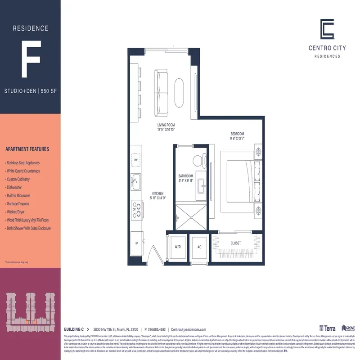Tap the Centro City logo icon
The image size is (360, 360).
tap(327, 29)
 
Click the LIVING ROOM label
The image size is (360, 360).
tap(166, 125)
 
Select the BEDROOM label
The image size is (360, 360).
tap(237, 134)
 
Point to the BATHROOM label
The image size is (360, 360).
tap(185, 176)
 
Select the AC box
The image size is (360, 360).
tap(199, 247)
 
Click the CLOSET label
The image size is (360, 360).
tap(235, 243)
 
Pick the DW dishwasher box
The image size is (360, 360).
tap(135, 160)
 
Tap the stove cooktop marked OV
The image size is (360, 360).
tap(136, 209)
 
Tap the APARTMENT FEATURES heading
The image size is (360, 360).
tap(27, 149)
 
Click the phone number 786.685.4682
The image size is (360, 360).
tap(156, 329)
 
